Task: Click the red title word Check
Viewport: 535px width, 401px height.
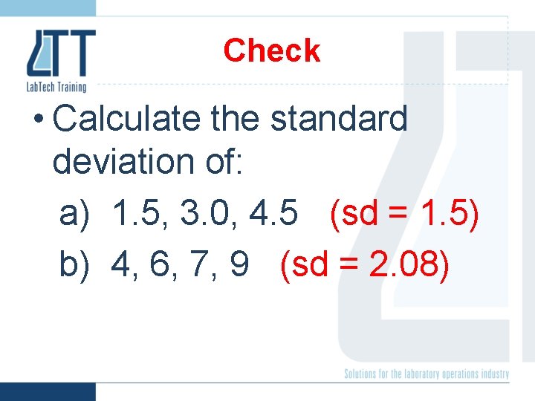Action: (x=271, y=50)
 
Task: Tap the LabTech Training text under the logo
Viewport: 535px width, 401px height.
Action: (x=56, y=86)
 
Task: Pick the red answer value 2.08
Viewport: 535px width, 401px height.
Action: (x=406, y=265)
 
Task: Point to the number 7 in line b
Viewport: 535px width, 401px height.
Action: (x=197, y=265)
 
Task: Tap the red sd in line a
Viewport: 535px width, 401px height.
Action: (x=357, y=215)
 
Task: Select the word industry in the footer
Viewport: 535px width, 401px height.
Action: (x=493, y=374)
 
